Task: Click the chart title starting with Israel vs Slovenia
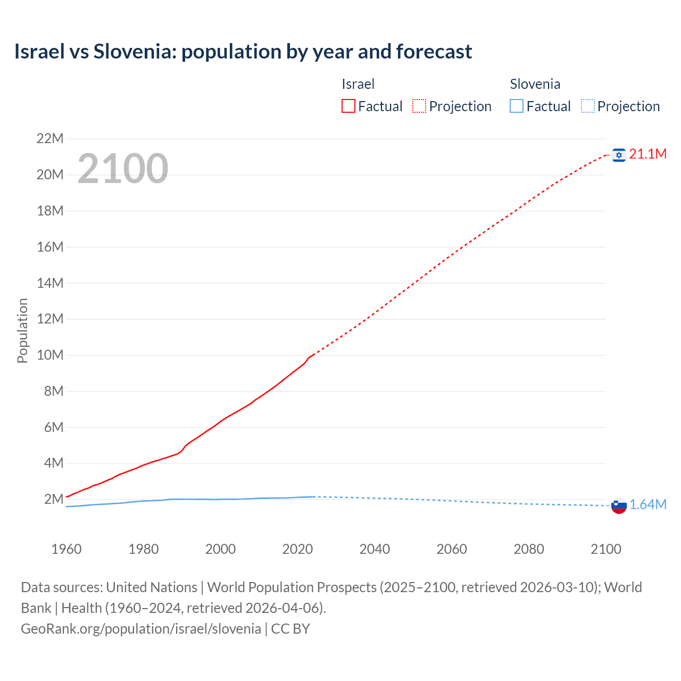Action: pos(243,52)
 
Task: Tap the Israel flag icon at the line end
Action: pos(619,155)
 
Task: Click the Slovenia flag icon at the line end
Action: pos(619,505)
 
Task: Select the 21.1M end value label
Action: pos(647,154)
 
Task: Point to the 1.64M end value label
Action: pos(647,505)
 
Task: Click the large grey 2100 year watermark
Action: pos(123,169)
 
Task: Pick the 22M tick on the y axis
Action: pos(50,139)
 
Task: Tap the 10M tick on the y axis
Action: pos(50,355)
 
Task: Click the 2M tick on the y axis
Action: pos(54,499)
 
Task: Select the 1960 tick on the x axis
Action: pos(67,549)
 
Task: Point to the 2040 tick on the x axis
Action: pos(375,549)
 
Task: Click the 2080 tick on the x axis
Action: pos(529,549)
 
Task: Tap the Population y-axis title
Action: pos(22,330)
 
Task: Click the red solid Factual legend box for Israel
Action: pos(348,106)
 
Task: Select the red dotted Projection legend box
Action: pos(419,106)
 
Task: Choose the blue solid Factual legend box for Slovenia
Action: pos(517,106)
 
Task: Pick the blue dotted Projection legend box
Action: pos(587,106)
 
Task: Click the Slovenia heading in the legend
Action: pos(535,84)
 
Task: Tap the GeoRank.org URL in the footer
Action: pos(141,629)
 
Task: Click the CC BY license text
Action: pos(290,629)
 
